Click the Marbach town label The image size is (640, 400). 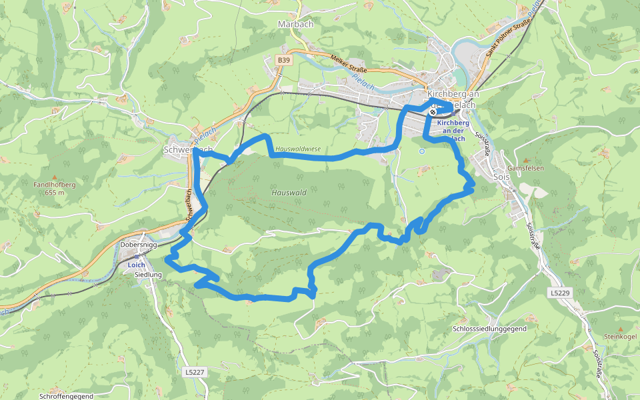(295, 24)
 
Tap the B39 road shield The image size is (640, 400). (284, 60)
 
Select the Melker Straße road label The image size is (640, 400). (349, 63)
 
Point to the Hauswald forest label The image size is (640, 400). (289, 193)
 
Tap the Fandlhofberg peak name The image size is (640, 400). (55, 185)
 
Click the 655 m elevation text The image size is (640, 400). (55, 193)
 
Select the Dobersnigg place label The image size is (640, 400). (139, 245)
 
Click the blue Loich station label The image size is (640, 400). (136, 265)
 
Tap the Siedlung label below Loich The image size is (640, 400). (149, 275)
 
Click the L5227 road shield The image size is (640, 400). (193, 372)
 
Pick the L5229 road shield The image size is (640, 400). (561, 293)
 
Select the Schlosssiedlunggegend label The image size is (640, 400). (489, 329)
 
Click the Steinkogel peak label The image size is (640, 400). (621, 337)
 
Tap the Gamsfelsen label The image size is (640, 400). (525, 169)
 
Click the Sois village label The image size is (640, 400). (503, 177)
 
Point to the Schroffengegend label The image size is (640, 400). (66, 396)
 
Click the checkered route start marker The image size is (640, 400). (433, 112)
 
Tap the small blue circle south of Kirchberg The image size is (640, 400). (422, 151)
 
